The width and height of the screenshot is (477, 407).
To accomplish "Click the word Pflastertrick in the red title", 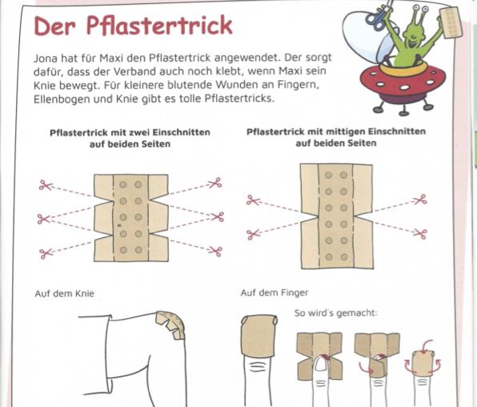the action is (159, 25).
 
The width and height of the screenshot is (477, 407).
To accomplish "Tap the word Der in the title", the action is (54, 26).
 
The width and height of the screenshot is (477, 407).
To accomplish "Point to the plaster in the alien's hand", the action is (451, 23).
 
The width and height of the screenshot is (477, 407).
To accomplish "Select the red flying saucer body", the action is (403, 83).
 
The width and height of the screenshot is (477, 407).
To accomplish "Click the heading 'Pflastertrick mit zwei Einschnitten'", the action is (130, 133).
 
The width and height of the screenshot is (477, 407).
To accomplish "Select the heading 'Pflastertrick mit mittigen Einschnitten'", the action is (336, 132).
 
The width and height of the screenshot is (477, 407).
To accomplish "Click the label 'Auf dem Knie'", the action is (65, 293).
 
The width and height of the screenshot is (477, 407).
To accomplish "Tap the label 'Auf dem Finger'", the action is (275, 292).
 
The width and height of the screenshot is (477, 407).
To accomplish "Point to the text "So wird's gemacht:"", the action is (335, 313).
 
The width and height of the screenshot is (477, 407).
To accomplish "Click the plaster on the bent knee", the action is (171, 324).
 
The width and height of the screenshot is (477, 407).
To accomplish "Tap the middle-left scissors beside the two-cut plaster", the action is (43, 219).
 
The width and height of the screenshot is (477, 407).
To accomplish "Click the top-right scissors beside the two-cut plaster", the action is (215, 183).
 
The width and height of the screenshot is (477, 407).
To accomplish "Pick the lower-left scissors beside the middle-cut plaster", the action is (254, 234).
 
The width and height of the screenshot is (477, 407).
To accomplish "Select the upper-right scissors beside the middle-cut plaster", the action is (420, 199).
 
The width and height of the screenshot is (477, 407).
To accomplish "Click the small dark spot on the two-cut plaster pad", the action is (119, 225).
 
